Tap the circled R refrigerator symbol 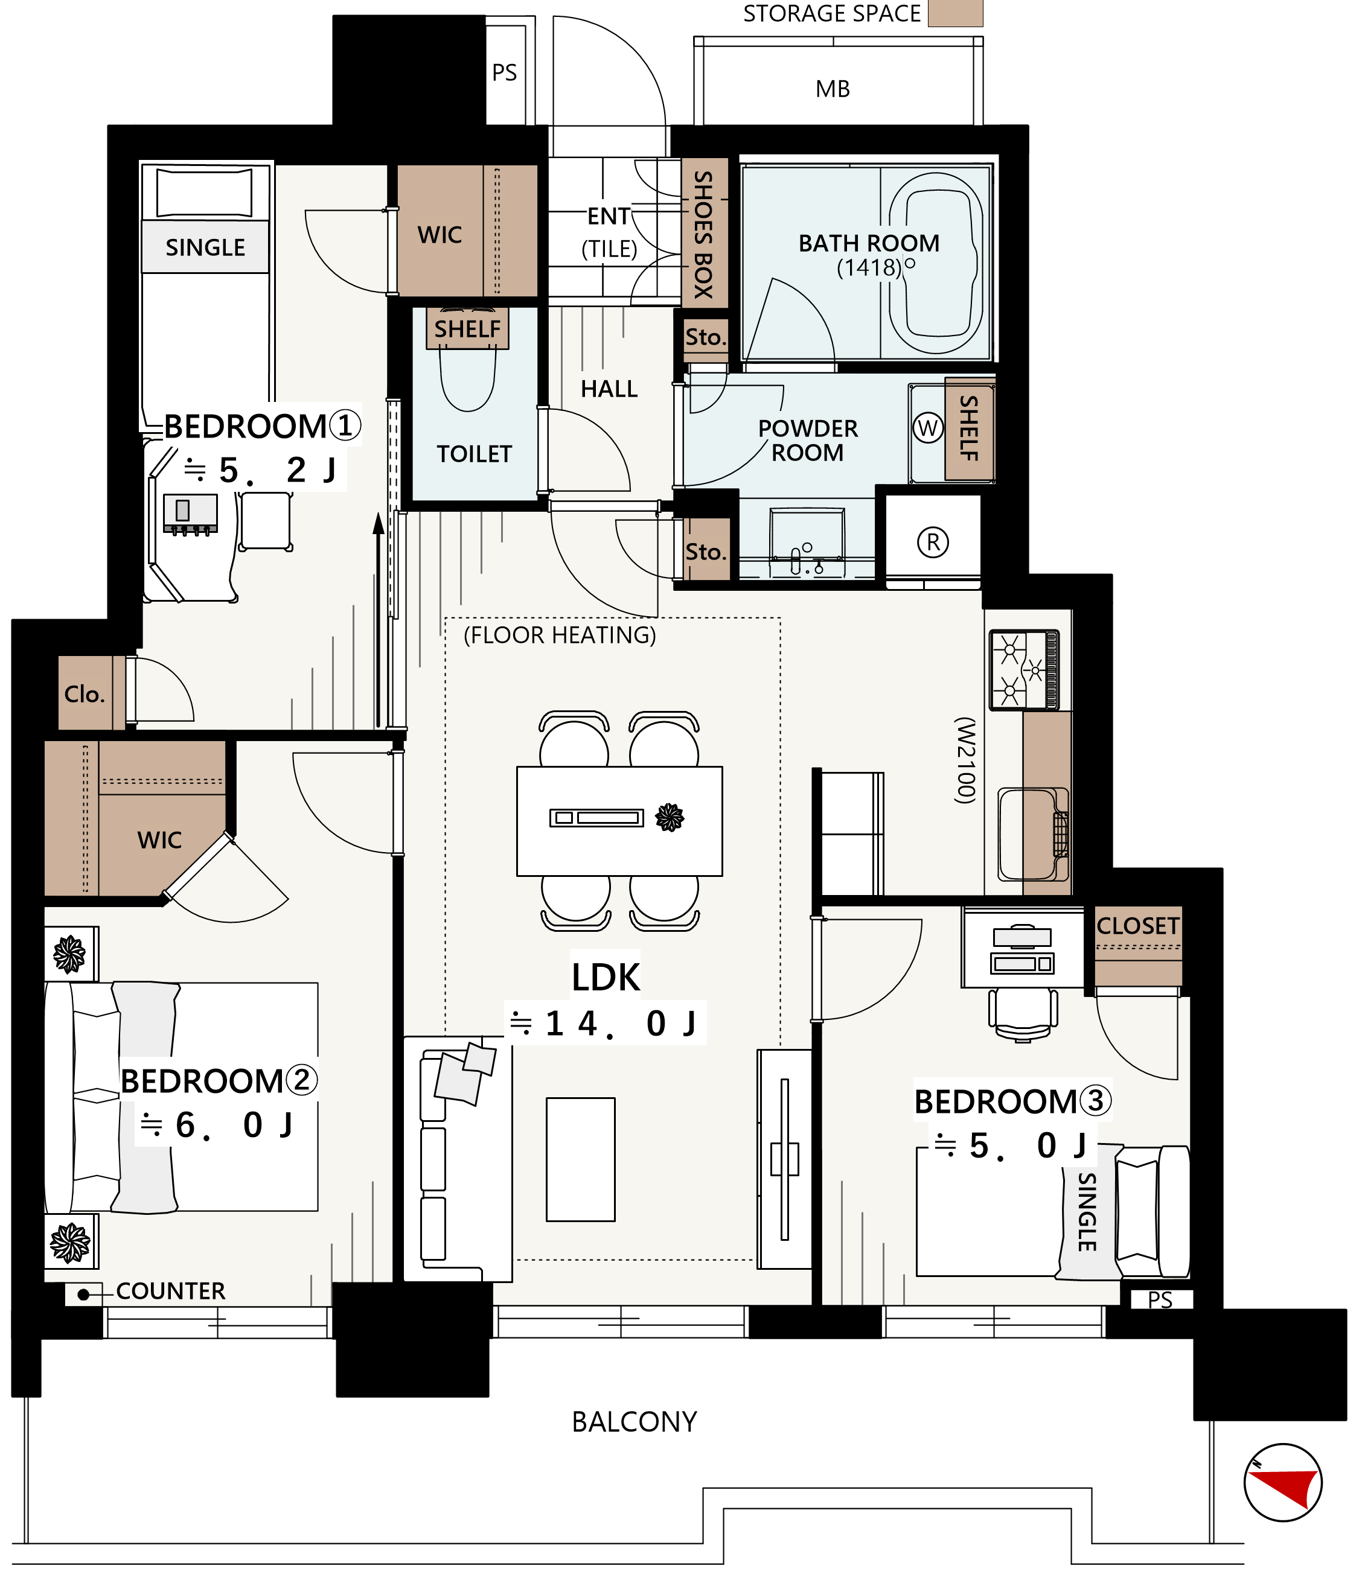point(933,543)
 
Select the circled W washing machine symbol point(927,428)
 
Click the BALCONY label point(634,1422)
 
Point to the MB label point(833,89)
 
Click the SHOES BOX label point(703,234)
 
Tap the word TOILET point(475,454)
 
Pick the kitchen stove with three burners point(1024,670)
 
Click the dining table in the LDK point(619,821)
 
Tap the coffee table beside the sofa point(580,1159)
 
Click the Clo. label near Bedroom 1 point(84,694)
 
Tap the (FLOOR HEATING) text point(560,635)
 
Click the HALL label point(609,389)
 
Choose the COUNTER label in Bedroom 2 point(170,1291)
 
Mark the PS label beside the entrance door point(504,72)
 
